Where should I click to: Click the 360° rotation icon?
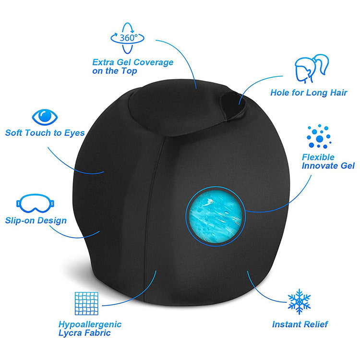tap(127, 38)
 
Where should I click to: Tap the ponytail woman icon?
tap(312, 69)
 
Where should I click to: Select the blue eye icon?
tap(45, 117)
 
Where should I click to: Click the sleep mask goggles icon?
tap(36, 203)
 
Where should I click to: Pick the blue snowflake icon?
tap(299, 301)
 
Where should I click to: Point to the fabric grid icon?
tap(86, 303)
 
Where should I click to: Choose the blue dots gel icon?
tap(319, 136)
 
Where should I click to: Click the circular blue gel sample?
tap(216, 216)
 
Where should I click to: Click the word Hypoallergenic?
tap(90, 324)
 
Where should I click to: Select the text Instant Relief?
tap(300, 324)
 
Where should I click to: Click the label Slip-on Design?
tap(36, 220)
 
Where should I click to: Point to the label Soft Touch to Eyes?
tap(45, 132)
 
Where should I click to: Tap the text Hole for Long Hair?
tap(309, 93)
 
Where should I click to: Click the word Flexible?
tap(318, 157)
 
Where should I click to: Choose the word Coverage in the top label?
tap(154, 62)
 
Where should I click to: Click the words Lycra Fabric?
tap(84, 333)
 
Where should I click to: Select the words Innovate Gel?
tap(328, 166)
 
